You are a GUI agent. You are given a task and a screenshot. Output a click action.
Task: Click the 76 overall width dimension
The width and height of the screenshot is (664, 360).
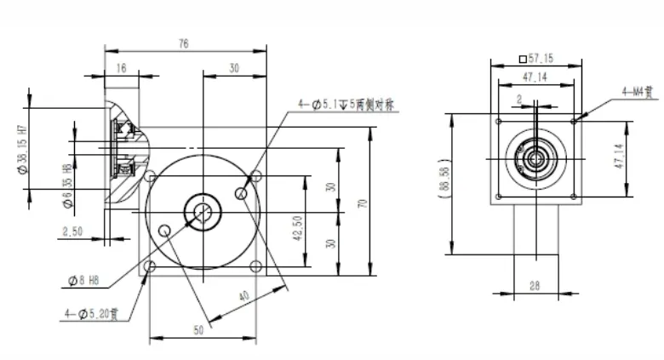[185, 45]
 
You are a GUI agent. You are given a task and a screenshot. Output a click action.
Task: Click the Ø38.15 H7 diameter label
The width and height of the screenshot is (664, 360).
[23, 146]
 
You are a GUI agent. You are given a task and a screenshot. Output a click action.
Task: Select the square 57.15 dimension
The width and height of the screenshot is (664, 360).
[536, 60]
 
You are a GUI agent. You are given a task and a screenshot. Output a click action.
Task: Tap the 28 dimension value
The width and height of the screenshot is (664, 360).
[534, 286]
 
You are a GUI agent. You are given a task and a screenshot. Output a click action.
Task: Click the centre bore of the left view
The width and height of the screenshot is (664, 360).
[203, 211]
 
